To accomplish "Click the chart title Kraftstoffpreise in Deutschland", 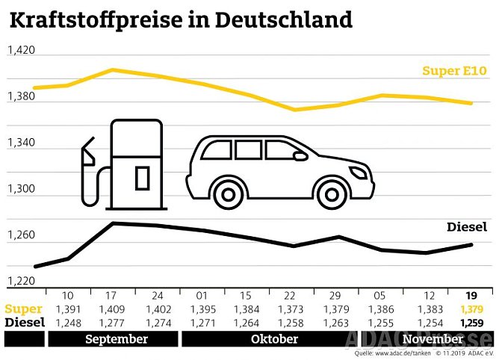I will (x=180, y=19).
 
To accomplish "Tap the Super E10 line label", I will (x=454, y=71).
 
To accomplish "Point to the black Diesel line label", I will (x=467, y=226).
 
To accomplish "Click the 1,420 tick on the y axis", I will (x=21, y=51).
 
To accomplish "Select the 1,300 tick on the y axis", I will (x=21, y=189).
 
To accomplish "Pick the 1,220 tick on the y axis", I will (x=21, y=281).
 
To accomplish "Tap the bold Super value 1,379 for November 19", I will (x=469, y=308).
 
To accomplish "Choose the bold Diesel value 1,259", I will (x=469, y=323).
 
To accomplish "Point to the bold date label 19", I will (x=469, y=294).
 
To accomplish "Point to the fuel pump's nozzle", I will (x=88, y=152).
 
